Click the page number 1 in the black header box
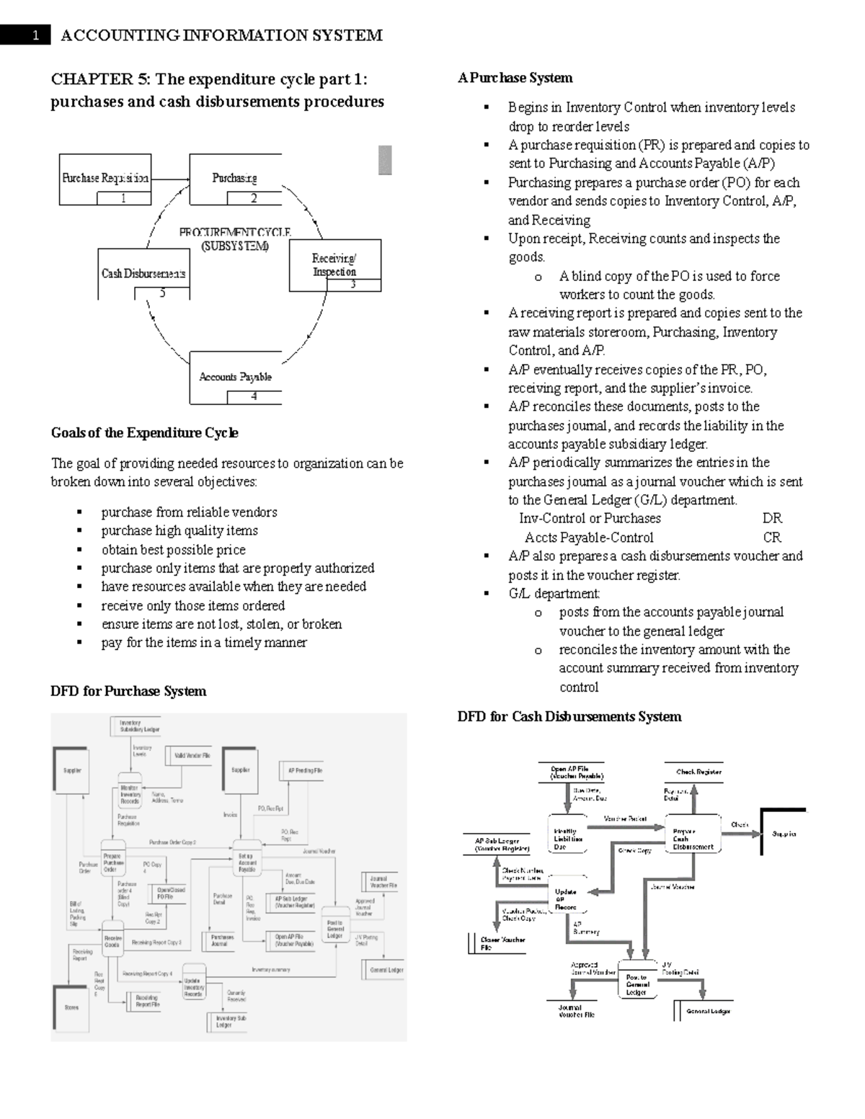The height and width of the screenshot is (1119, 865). click(x=35, y=35)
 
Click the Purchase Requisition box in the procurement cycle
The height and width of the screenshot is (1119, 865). click(x=105, y=179)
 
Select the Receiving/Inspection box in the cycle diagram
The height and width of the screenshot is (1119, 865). click(x=334, y=265)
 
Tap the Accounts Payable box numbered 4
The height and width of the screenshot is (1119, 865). click(x=235, y=378)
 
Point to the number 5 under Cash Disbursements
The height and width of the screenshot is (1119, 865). click(x=162, y=293)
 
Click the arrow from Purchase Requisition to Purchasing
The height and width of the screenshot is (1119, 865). click(x=170, y=179)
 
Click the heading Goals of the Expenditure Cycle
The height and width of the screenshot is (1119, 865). click(x=144, y=433)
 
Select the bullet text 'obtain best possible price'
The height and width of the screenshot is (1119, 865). click(x=173, y=550)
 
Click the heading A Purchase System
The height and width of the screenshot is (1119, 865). click(x=515, y=78)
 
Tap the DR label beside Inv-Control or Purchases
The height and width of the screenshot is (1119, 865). click(x=772, y=518)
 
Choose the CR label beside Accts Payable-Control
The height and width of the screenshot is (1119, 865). click(x=772, y=538)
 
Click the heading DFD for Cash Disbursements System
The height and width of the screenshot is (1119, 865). click(x=569, y=717)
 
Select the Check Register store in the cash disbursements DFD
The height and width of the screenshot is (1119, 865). click(x=698, y=772)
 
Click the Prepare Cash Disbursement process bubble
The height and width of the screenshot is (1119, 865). click(x=693, y=836)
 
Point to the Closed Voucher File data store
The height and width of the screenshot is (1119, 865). click(x=502, y=943)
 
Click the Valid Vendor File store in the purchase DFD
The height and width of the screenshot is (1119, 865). click(x=192, y=756)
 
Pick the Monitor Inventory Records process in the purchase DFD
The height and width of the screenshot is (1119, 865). click(x=130, y=794)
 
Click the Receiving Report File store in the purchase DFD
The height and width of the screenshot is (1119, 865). click(x=146, y=1001)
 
